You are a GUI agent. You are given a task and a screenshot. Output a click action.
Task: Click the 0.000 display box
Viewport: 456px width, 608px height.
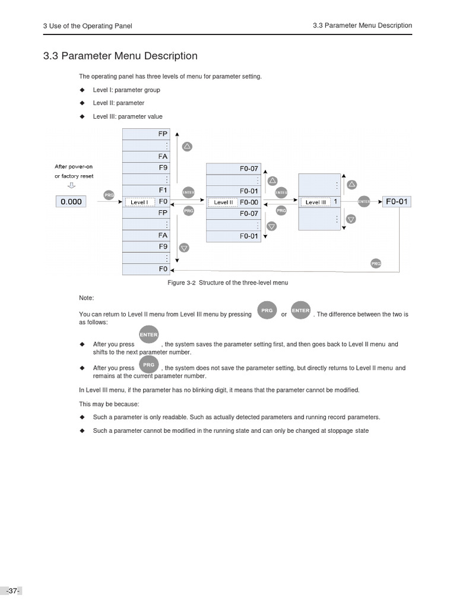point(71,202)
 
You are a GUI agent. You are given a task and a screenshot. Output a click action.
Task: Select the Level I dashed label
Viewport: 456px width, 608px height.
point(140,202)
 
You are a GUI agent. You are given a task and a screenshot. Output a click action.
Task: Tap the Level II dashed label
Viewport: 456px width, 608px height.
point(223,202)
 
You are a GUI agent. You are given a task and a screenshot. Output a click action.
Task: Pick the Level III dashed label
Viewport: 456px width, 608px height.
point(315,202)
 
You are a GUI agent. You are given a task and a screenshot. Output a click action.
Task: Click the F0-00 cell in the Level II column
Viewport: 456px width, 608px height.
point(249,202)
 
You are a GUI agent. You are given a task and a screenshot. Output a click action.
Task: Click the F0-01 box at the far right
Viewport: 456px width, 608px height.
point(397,202)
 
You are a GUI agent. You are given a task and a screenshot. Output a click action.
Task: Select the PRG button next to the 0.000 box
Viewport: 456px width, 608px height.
point(109,195)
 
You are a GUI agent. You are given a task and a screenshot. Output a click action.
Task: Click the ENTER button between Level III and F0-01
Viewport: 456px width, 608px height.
point(363,201)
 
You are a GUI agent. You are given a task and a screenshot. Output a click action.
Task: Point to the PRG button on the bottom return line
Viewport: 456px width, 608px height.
point(376,263)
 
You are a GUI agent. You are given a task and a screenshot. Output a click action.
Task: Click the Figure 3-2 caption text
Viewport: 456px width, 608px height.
point(229,283)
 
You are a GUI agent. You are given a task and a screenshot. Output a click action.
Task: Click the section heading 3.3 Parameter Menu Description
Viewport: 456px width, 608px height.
point(121,56)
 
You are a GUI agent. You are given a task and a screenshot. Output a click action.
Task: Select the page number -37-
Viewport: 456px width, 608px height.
point(13,591)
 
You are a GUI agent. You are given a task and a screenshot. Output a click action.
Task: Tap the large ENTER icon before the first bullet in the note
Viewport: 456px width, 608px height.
point(148,335)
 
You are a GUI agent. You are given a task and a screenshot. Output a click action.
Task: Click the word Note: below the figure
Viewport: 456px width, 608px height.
point(87,298)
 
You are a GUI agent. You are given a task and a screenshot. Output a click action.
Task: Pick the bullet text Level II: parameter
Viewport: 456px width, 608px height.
point(118,103)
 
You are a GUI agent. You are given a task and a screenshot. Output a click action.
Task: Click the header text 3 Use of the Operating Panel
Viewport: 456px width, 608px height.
point(88,26)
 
